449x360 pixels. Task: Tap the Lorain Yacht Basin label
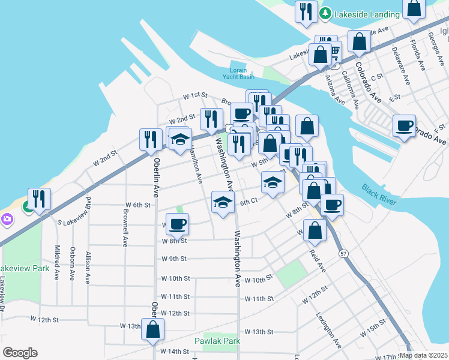(x=241, y=73)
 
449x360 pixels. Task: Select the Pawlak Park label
(x=217, y=341)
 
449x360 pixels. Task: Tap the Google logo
(x=20, y=353)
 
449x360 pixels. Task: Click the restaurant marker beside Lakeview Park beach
(x=39, y=199)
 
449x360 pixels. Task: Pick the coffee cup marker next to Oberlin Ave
(x=177, y=224)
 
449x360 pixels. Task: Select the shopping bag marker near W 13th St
(x=153, y=329)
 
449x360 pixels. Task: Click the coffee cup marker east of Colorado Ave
(x=404, y=125)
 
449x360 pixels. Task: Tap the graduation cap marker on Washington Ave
(x=223, y=202)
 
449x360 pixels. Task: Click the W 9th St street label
(x=175, y=259)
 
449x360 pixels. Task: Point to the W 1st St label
(x=195, y=95)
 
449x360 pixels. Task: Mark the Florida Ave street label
(x=415, y=54)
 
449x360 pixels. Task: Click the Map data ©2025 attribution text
(x=424, y=355)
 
